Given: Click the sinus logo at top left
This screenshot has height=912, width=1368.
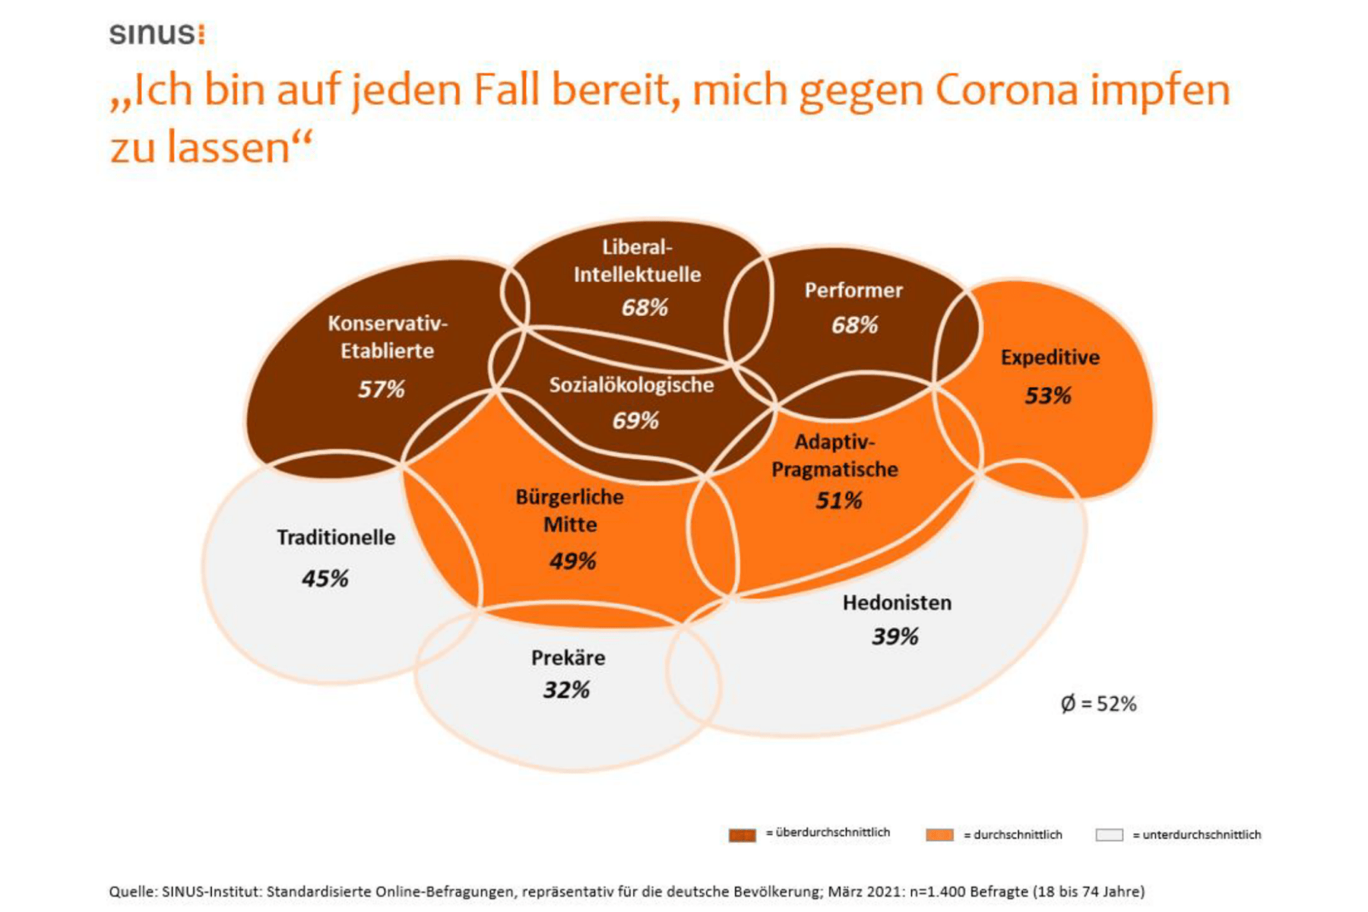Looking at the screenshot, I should [x=157, y=34].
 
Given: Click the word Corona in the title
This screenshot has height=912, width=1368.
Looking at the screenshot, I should [x=1006, y=90].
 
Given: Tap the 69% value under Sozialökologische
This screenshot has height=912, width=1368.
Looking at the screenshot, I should [x=635, y=420].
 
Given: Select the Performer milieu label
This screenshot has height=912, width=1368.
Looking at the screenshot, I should [x=853, y=290].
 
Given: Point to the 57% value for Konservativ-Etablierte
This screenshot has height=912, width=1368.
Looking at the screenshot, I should [x=381, y=389].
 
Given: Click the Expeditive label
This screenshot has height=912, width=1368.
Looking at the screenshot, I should [x=1050, y=357].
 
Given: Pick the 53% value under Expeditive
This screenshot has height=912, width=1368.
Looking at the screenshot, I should [x=1047, y=395].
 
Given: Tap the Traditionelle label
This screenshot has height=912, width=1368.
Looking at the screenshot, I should [x=336, y=537].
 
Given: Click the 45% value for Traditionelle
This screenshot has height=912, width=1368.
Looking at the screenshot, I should [x=325, y=578].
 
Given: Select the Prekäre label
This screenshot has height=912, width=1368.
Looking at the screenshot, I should [x=568, y=657].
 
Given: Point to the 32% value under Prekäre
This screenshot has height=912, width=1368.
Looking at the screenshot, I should [x=566, y=690].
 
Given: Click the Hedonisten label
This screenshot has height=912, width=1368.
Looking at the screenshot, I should [x=897, y=603].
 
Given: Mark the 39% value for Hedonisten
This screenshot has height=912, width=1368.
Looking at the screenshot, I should [x=895, y=636].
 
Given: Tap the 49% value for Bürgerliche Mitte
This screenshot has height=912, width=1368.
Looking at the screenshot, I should [x=572, y=561].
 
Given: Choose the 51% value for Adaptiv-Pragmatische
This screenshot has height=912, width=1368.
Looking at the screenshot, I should [x=838, y=500].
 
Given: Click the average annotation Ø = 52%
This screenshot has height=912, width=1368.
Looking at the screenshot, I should [x=1098, y=704].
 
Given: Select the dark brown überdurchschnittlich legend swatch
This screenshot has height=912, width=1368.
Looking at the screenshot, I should [x=743, y=834].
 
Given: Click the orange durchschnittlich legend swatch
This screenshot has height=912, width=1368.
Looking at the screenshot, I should [x=939, y=834].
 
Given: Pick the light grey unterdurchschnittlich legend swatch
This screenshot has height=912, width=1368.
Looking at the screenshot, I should [x=1109, y=834].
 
